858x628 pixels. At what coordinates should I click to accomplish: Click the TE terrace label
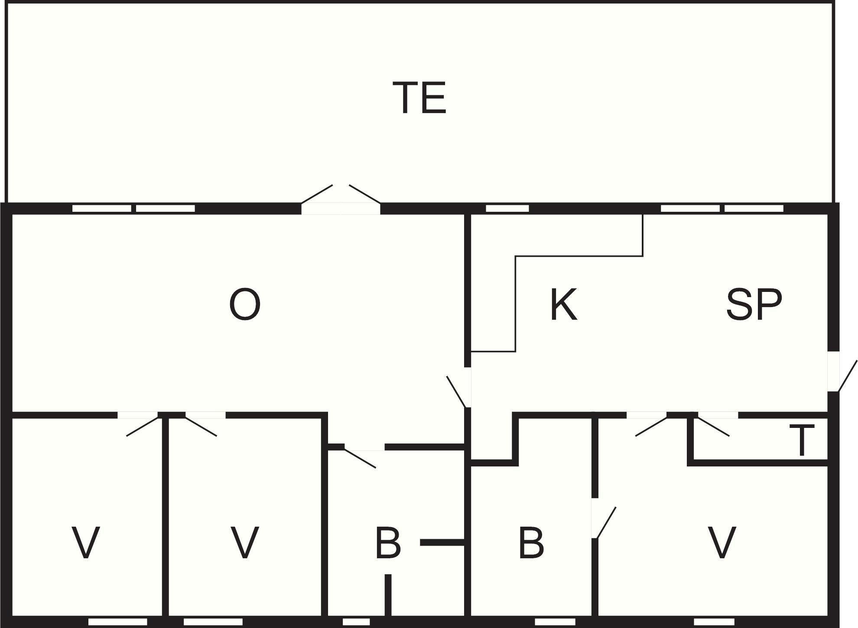click(419, 98)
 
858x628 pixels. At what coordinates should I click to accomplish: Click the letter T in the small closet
click(802, 440)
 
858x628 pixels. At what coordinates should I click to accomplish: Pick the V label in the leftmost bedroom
click(86, 543)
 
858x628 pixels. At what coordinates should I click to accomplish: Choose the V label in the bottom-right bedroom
click(721, 543)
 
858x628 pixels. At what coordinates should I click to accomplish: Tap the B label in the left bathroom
click(388, 543)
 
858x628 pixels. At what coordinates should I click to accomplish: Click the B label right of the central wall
click(531, 543)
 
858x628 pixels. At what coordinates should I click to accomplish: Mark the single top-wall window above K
click(507, 208)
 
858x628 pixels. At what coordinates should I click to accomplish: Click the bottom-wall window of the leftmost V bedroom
click(117, 622)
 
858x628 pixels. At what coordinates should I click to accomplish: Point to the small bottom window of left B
click(356, 622)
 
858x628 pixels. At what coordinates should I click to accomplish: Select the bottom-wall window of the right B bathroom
click(549, 622)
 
